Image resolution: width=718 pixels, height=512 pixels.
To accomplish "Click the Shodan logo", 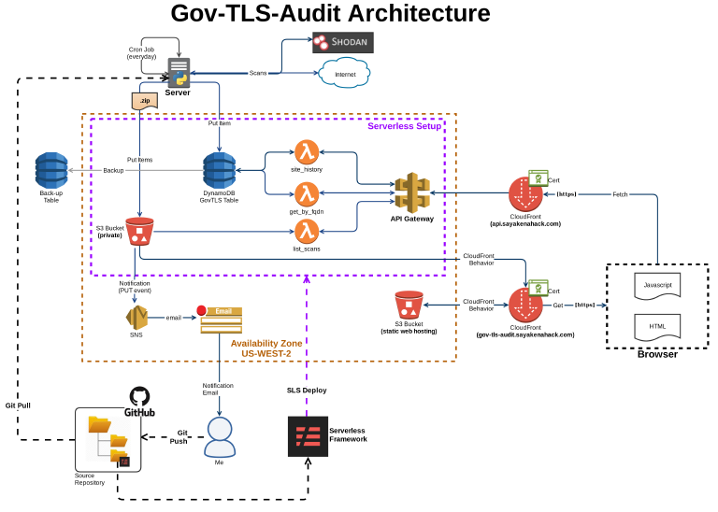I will coord(342,42).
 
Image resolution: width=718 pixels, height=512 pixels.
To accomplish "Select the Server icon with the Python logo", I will coord(178,72).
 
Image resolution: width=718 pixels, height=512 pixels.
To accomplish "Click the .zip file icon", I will coord(143,101).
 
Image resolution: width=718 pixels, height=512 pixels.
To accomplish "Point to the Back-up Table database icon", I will coord(51,169).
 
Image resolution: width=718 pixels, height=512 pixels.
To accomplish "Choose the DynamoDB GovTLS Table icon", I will coord(220,170).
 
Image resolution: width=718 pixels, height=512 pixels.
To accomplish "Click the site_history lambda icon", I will coord(307,151).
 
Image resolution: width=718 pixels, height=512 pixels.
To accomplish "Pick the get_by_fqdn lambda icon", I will coord(307,193).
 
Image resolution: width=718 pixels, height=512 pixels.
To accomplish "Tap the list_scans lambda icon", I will coord(307,231).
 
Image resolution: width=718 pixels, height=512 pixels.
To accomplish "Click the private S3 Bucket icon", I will coord(139,230).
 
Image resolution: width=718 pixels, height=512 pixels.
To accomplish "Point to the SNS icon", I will coord(137,318).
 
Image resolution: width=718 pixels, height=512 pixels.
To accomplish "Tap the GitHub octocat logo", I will coord(139,397).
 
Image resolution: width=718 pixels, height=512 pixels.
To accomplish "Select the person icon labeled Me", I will coord(220,434).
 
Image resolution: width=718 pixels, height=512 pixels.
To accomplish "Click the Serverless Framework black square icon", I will coord(308,436).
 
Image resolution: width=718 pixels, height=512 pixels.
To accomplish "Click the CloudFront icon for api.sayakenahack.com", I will coord(525,193).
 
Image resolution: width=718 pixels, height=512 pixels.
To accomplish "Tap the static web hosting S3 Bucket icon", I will coord(409,306).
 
